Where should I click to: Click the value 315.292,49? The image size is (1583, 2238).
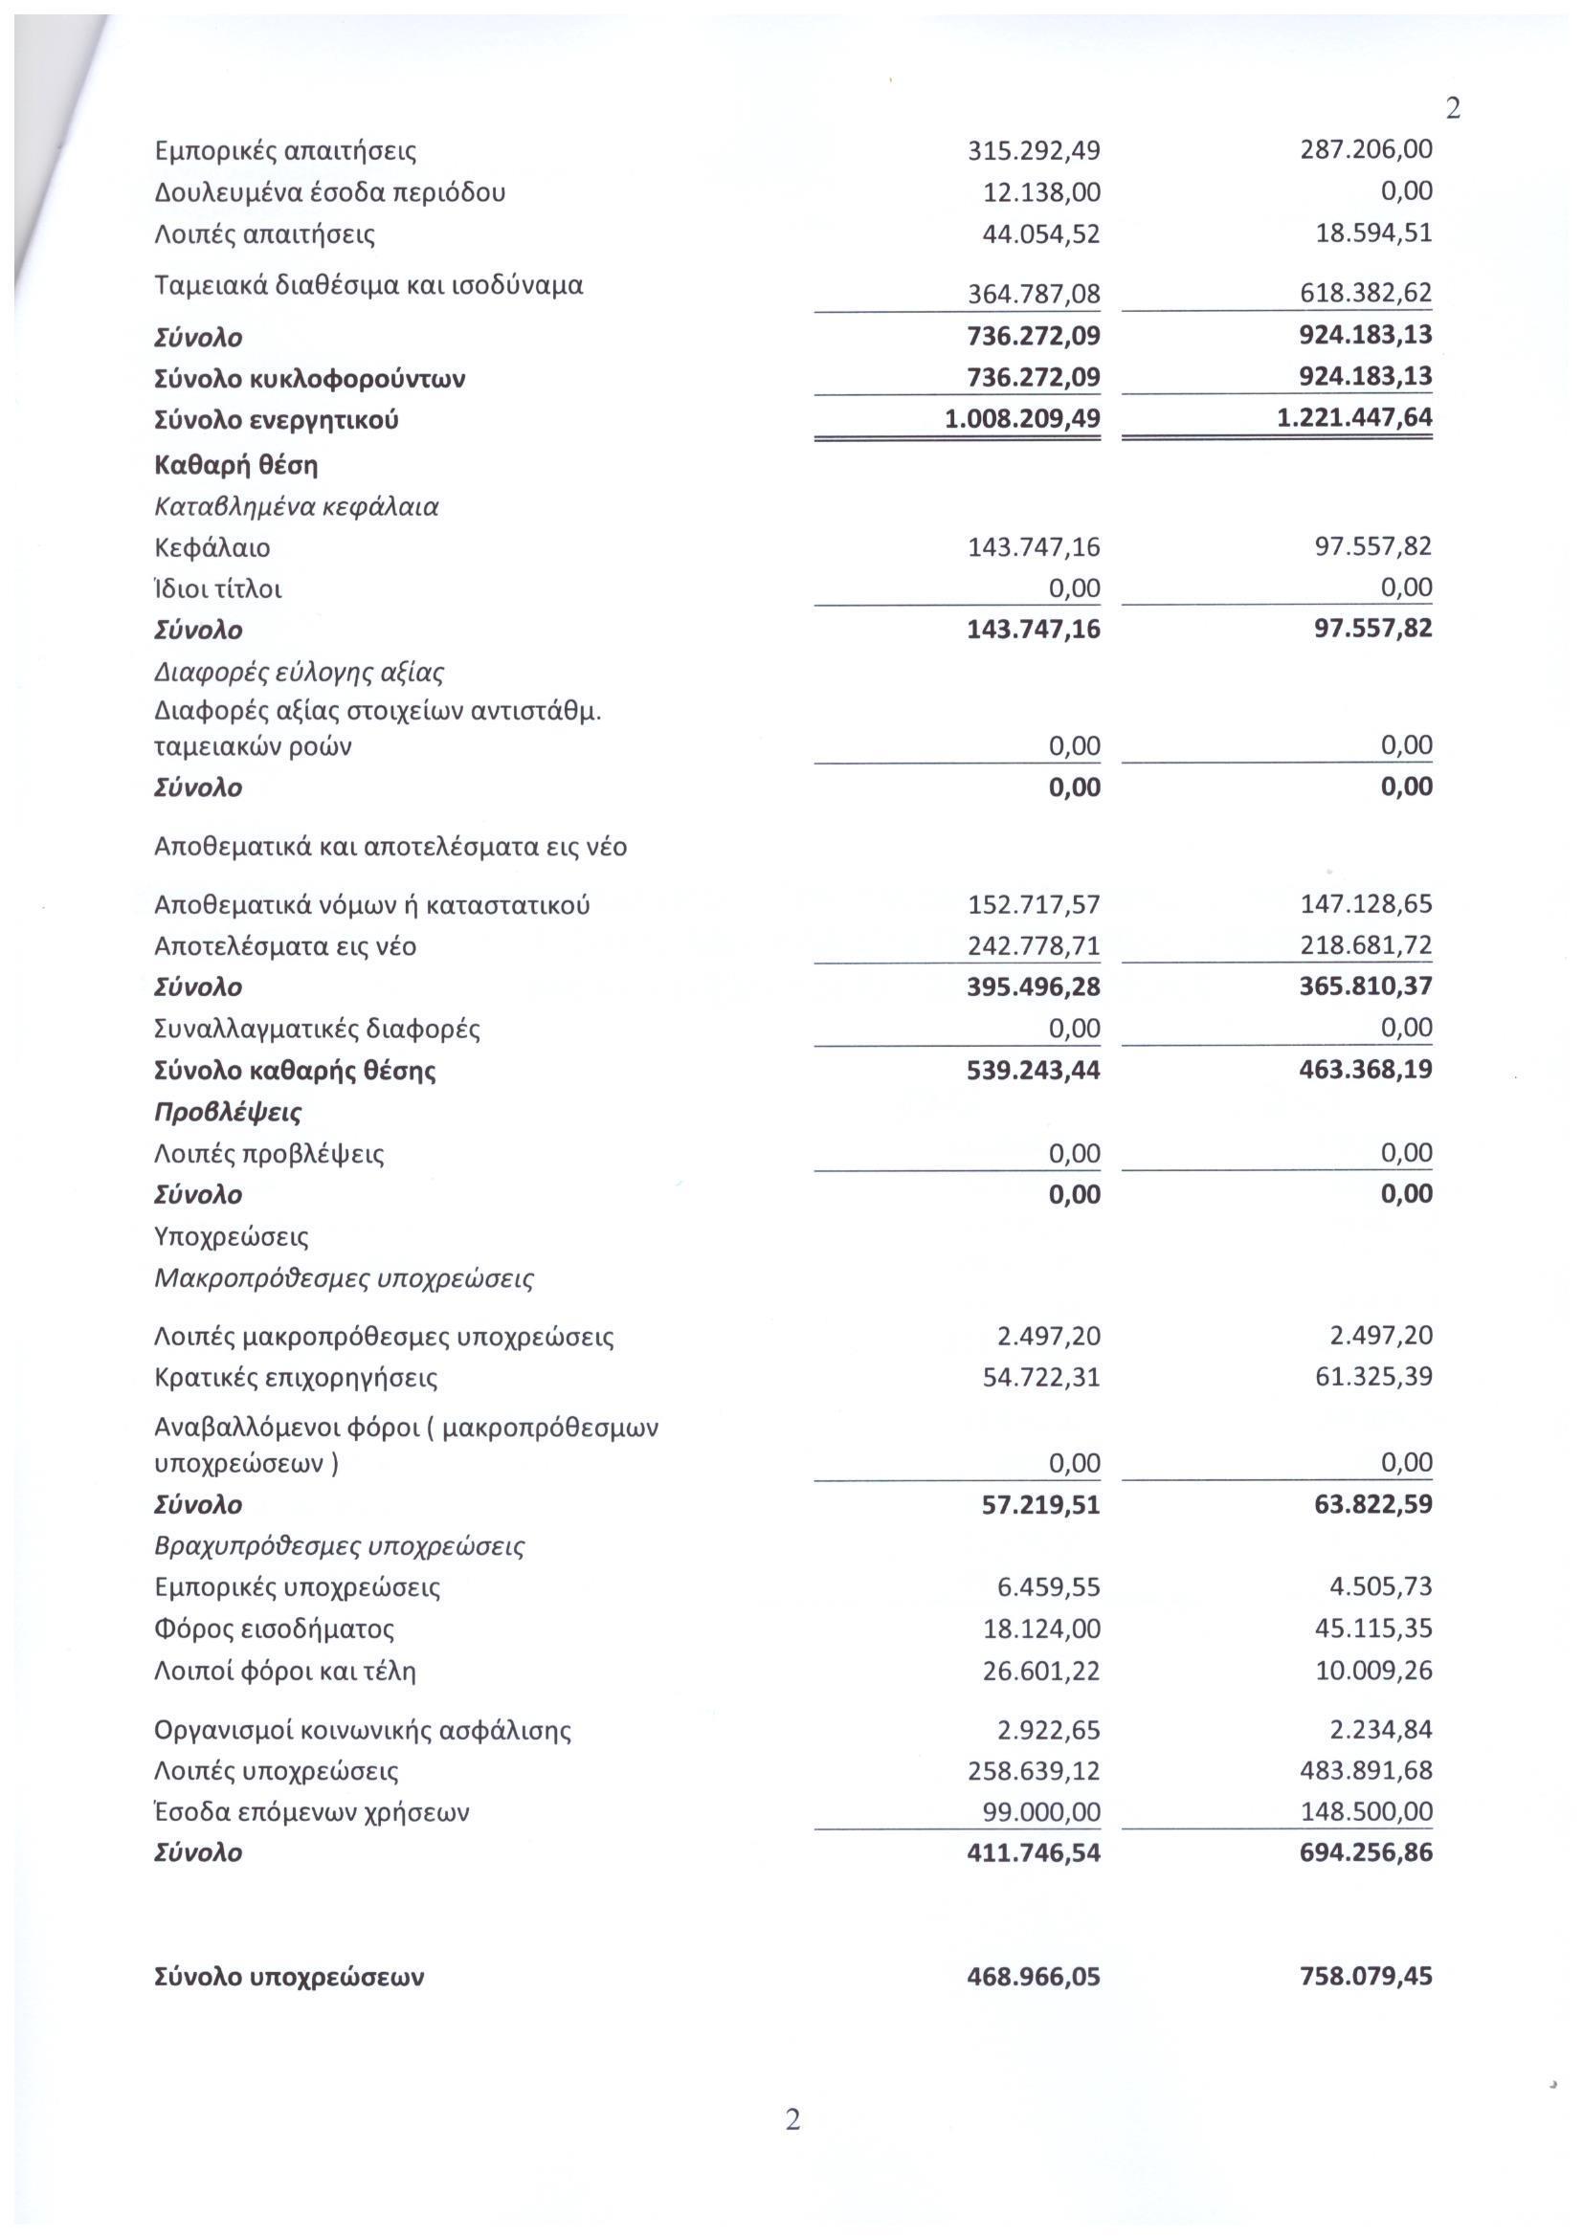[1034, 152]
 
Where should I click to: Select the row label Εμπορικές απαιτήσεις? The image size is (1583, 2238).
[285, 152]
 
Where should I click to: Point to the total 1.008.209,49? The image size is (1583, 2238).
[1022, 419]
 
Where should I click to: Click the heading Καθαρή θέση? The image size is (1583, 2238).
[235, 465]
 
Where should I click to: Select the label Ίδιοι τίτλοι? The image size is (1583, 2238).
[218, 588]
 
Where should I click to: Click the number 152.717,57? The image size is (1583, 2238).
[1034, 904]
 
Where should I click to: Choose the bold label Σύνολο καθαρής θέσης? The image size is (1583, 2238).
[296, 1071]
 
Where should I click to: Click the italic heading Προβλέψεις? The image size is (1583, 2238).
[228, 1112]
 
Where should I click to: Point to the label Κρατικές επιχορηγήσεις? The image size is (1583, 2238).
[297, 1378]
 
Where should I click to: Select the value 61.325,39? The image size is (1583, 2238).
[1373, 1376]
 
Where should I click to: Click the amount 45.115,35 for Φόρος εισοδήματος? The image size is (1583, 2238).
[1373, 1628]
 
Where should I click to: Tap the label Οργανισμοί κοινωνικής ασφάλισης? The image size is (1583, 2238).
[363, 1731]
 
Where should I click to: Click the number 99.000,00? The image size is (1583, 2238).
[1041, 1812]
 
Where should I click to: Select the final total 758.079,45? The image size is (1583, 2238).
[1367, 1977]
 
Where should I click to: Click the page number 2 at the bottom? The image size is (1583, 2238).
[792, 2120]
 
